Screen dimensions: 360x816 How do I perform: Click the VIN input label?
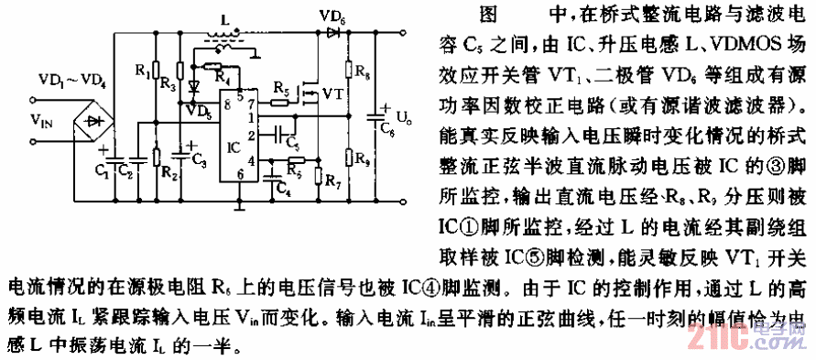pyautogui.click(x=39, y=119)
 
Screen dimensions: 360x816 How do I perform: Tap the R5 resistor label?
pyautogui.click(x=278, y=89)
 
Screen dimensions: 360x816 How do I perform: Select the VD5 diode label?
pyautogui.click(x=196, y=111)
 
